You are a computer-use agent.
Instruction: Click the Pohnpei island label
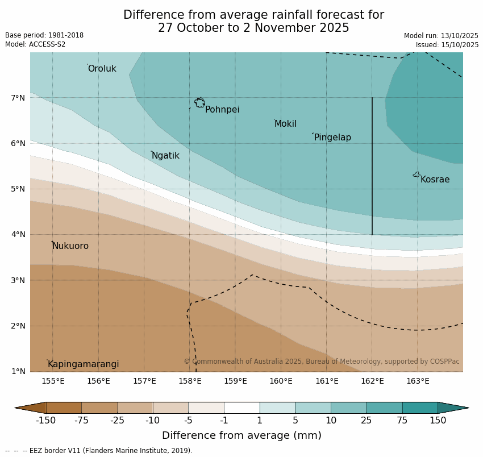click(222, 110)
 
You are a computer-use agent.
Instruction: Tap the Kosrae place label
click(435, 180)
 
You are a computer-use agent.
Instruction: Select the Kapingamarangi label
click(83, 364)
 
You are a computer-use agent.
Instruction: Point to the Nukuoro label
click(70, 246)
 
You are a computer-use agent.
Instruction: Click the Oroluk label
click(102, 69)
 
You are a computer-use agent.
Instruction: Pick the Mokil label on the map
click(285, 124)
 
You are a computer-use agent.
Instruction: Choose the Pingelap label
click(332, 138)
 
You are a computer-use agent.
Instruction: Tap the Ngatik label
click(165, 156)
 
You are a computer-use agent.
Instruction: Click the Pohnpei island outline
click(199, 103)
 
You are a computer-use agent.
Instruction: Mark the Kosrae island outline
click(417, 175)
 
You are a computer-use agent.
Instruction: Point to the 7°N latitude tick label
click(18, 98)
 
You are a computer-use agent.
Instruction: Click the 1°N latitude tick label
click(18, 371)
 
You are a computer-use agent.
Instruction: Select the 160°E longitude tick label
click(281, 381)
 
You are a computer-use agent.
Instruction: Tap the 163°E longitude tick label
click(418, 381)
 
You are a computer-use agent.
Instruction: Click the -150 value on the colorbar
click(45, 421)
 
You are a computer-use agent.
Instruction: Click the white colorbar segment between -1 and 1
click(241, 408)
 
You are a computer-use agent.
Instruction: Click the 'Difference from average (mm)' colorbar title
click(241, 436)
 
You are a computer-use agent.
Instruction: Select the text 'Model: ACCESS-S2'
click(35, 44)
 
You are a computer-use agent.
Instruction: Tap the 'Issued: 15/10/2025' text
click(447, 45)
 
